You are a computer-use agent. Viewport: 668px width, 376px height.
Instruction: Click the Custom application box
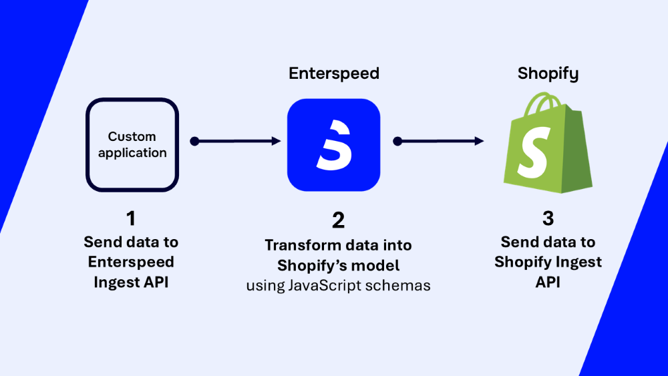[131, 144]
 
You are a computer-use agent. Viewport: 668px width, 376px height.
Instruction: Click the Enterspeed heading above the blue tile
[333, 74]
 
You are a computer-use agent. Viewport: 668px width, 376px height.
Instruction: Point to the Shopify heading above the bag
[547, 74]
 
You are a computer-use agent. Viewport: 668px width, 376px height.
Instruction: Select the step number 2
[337, 219]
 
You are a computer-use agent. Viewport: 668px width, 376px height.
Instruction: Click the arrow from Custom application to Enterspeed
[236, 142]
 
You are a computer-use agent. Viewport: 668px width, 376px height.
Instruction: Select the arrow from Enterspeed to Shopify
[439, 142]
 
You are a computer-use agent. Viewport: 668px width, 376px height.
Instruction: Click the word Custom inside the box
[131, 135]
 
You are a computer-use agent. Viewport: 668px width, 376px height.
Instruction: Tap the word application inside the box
[131, 153]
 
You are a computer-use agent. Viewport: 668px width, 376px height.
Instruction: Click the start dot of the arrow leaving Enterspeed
[397, 142]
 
